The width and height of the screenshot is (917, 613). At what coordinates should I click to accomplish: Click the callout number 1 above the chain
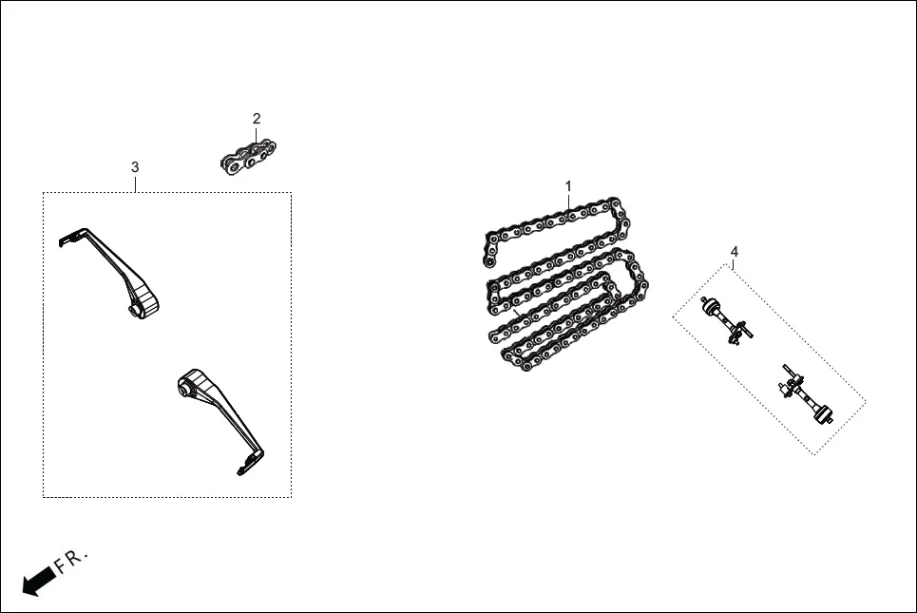point(568,185)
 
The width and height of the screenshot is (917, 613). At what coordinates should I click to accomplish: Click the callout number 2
point(257,119)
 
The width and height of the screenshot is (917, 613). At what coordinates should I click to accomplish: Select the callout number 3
point(135,167)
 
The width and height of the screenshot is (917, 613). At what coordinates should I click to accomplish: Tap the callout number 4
point(734,251)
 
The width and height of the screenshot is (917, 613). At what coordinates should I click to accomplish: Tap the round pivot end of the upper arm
point(143,305)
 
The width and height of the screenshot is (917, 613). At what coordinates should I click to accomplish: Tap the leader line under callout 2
point(257,134)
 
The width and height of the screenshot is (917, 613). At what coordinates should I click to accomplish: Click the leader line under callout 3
point(135,183)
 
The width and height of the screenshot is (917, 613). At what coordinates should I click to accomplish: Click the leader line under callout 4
point(734,262)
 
